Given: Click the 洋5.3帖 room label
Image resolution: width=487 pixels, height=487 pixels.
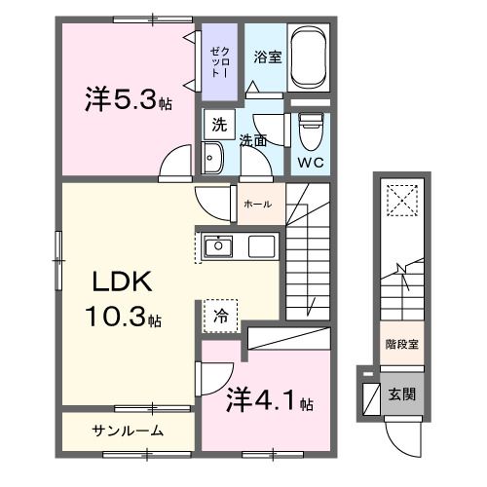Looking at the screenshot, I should pyautogui.click(x=128, y=101).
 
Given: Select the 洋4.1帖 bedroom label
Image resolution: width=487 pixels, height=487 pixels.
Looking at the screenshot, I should pyautogui.click(x=271, y=399).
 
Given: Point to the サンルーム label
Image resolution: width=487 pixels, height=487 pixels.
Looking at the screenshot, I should pyautogui.click(x=128, y=431).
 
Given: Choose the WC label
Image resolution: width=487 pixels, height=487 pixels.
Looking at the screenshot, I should pyautogui.click(x=311, y=161).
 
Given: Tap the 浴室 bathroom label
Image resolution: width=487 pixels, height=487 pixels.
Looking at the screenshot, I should pyautogui.click(x=268, y=56).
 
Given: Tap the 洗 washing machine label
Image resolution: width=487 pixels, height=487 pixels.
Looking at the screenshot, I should pyautogui.click(x=219, y=125).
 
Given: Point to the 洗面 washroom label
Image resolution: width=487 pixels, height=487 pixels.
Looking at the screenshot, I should pyautogui.click(x=254, y=140).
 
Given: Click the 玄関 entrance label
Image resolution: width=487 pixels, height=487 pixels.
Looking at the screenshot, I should pyautogui.click(x=403, y=394).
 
